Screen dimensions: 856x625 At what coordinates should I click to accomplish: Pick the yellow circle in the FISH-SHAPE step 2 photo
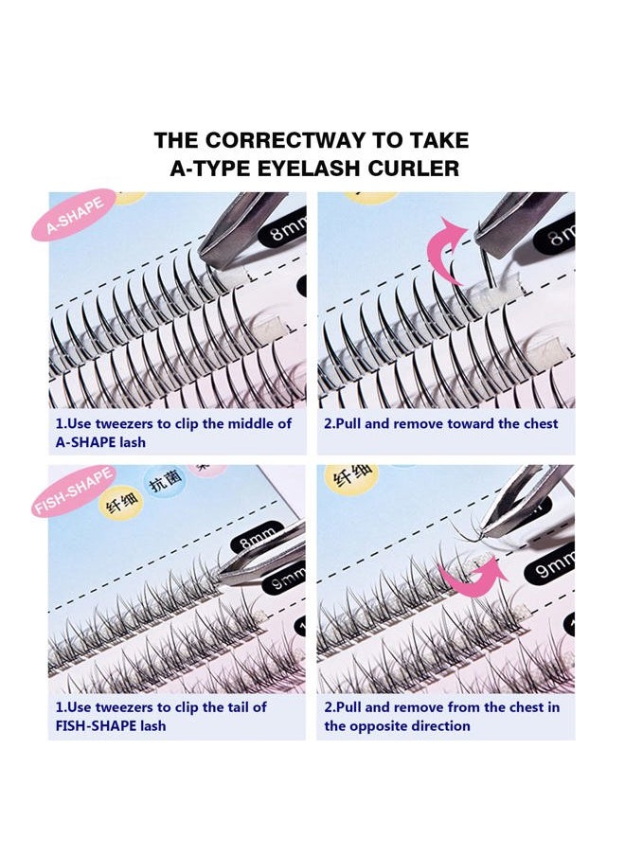click(x=350, y=478)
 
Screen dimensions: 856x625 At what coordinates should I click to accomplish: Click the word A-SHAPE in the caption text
click(x=88, y=441)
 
